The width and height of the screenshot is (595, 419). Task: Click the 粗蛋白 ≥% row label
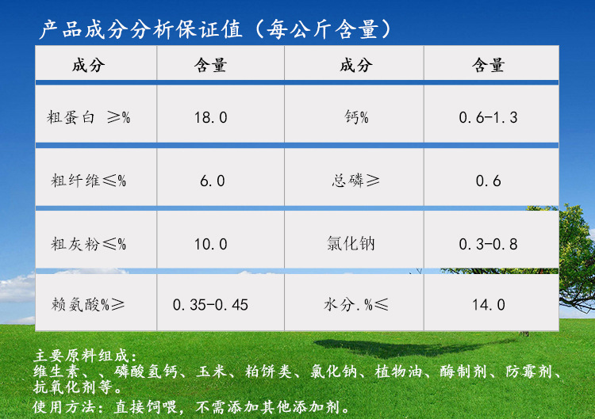88,117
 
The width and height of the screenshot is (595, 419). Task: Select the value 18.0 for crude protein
211,117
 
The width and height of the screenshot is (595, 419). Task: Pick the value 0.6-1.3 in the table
488,117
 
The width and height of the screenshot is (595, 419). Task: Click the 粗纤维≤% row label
88,181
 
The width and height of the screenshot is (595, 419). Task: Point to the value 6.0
212,181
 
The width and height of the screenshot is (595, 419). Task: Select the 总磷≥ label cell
355,181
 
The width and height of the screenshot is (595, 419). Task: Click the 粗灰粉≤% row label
88,244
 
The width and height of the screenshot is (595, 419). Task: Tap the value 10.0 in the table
211,244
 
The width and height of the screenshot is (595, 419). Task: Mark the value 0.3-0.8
488,244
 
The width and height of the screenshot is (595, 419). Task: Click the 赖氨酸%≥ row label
88,304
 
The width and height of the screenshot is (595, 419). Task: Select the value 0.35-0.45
210,304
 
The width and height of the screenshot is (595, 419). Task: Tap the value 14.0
488,304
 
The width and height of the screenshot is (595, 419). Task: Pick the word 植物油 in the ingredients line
406,372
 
